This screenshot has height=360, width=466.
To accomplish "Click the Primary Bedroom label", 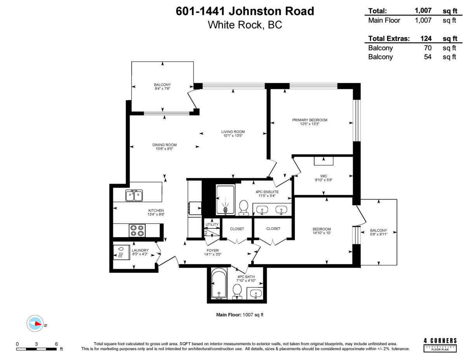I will pyautogui.click(x=310, y=120).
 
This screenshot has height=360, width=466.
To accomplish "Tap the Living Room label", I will pyautogui.click(x=233, y=132).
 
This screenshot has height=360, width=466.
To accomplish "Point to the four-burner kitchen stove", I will pyautogui.click(x=137, y=231).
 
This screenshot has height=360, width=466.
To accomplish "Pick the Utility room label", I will pyautogui.click(x=212, y=224).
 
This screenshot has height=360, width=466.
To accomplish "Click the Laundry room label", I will pyautogui.click(x=140, y=250).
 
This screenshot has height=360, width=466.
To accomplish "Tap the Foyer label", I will pyautogui.click(x=212, y=250).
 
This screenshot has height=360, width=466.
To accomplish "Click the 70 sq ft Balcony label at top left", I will pyautogui.click(x=162, y=85).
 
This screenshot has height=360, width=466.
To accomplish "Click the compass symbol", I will pyautogui.click(x=35, y=323).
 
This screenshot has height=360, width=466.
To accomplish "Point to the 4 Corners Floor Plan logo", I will pyautogui.click(x=440, y=344).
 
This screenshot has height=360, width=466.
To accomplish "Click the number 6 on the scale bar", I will pyautogui.click(x=56, y=344).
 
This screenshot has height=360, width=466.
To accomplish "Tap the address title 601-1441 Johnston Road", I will pyautogui.click(x=245, y=11).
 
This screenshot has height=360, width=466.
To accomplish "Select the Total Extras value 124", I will pyautogui.click(x=426, y=38).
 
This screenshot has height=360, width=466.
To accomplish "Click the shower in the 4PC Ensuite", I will pyautogui.click(x=225, y=200).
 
